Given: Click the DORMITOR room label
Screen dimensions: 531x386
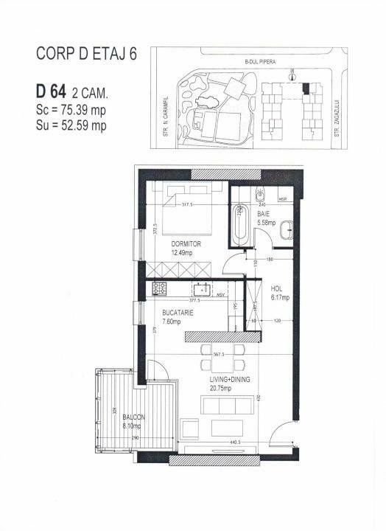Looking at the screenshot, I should [186, 243].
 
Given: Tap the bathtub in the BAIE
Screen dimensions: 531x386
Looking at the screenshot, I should [240, 226].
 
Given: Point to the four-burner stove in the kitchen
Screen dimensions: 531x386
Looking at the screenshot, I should [161, 289].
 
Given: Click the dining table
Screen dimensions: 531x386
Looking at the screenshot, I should [220, 354].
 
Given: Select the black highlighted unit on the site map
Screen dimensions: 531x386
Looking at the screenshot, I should [306, 88].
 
